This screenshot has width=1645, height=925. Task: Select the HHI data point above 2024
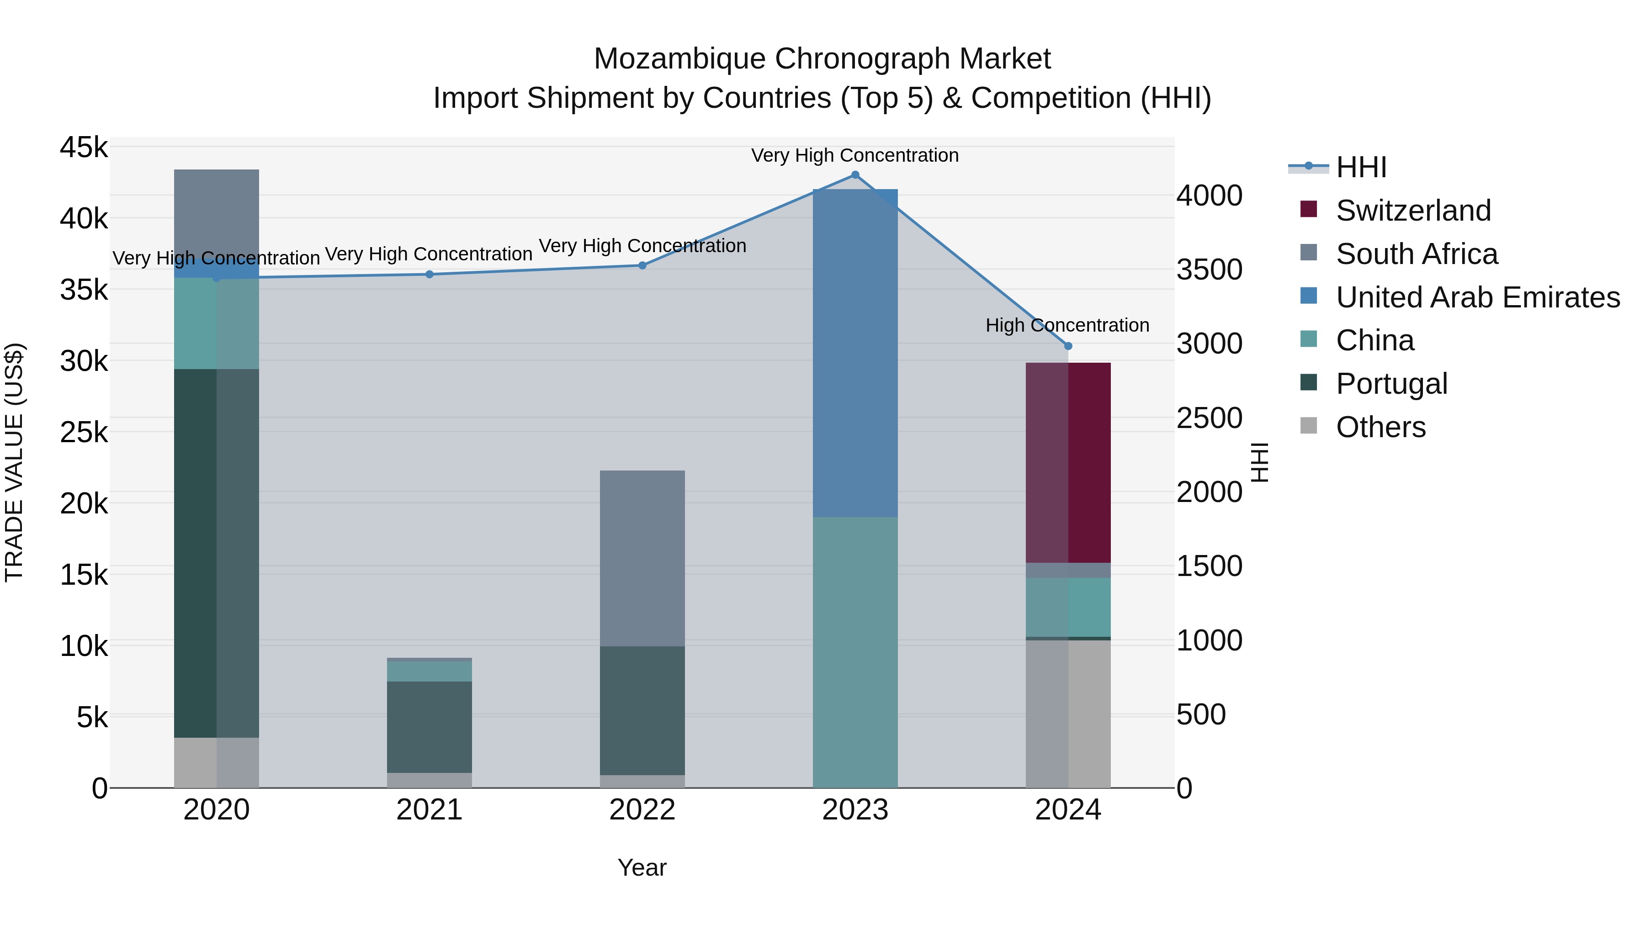point(1068,346)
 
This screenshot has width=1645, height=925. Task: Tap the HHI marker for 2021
point(429,275)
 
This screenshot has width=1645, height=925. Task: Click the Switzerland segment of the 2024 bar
point(1068,462)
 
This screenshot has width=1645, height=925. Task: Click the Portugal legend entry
point(1391,384)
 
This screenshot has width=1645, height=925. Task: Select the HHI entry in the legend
point(1360,167)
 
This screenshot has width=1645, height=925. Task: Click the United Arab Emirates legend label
point(1477,297)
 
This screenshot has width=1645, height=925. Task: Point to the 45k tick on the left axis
point(84,148)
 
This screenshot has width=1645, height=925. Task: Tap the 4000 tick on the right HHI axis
point(1209,196)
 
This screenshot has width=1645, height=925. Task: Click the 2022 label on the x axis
point(642,810)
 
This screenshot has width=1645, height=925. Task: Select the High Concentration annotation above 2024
point(1067,326)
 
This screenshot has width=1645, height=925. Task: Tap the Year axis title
point(642,867)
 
